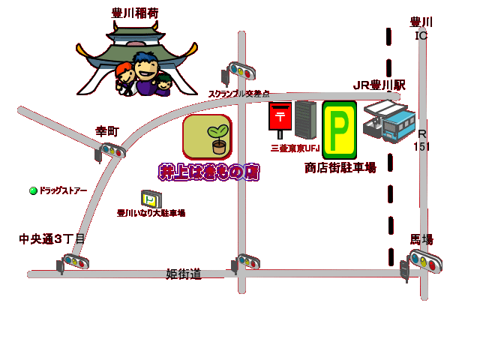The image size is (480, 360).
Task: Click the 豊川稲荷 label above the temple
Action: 135,13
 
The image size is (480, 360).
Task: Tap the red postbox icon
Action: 280,118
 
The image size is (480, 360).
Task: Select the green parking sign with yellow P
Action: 339,130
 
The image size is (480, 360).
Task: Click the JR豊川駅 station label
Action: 379,85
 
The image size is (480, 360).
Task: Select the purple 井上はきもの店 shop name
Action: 208,172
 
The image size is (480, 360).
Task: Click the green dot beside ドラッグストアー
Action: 33,190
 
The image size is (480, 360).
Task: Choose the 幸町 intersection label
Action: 106,131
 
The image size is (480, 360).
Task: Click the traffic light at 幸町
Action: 111,151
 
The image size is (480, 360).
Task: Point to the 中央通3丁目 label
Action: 52,239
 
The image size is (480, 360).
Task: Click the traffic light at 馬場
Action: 424,262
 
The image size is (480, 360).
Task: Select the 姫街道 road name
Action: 184,274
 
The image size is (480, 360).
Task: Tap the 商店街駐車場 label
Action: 340,168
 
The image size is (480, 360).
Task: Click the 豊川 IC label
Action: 421,28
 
